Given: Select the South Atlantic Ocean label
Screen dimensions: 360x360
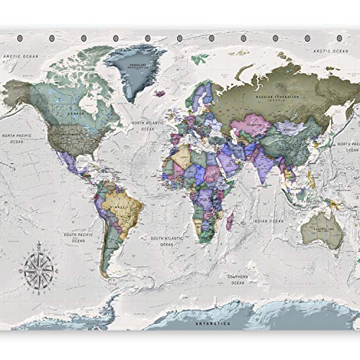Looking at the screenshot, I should pyautogui.click(x=165, y=240).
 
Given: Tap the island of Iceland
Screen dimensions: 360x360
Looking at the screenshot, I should pyautogui.click(x=162, y=91).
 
